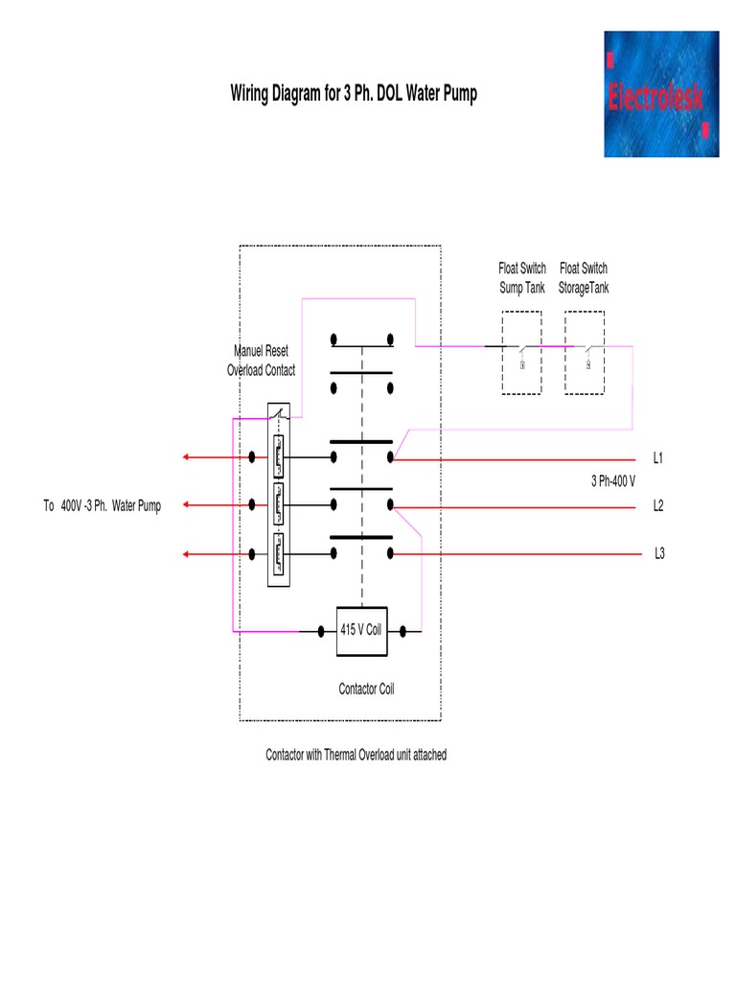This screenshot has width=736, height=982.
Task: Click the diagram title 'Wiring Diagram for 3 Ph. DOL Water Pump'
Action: coord(353,94)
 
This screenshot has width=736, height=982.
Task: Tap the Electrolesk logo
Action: coord(660,94)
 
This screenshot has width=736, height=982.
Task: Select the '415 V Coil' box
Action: coord(361,631)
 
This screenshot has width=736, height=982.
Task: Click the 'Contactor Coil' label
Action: coord(366,689)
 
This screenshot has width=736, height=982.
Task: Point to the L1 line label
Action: coord(658,458)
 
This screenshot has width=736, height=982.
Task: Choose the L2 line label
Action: coord(658,505)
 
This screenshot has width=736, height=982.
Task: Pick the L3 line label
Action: coord(660,553)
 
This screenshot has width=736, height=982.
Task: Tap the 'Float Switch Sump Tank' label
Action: coord(522,278)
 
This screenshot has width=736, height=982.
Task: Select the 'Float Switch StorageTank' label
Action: coord(584,278)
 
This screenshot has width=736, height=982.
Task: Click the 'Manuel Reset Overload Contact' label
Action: coord(261,361)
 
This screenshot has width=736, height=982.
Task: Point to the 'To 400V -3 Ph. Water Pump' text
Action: coord(102,505)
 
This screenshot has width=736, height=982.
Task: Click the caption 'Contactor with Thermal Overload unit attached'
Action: coord(356,756)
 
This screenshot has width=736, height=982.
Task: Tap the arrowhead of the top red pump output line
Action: coord(187,457)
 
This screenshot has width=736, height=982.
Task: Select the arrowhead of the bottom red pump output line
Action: coord(187,553)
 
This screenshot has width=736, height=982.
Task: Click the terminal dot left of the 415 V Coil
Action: coord(319,631)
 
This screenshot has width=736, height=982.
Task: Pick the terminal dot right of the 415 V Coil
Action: coord(404,631)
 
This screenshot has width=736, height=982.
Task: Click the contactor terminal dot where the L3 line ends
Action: coord(391,553)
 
